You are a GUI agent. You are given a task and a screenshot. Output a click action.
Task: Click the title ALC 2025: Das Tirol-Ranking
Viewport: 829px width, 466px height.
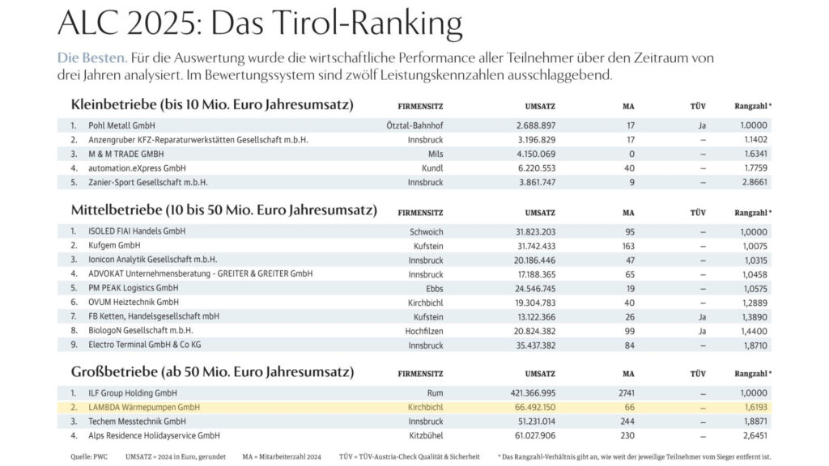pos(260,24)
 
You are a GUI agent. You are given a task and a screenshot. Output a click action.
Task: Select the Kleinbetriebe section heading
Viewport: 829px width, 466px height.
pos(212,105)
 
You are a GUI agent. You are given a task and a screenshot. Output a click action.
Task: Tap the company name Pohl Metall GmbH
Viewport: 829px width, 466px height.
pos(122,126)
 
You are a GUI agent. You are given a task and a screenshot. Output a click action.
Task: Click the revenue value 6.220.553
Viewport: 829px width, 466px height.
pos(546,168)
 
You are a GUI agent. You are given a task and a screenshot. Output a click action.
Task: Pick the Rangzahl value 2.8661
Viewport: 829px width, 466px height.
pos(754,183)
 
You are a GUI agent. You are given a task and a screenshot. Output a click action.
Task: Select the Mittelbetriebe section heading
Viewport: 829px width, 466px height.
pos(223,210)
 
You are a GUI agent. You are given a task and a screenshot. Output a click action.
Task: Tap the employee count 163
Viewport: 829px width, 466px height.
pos(628,245)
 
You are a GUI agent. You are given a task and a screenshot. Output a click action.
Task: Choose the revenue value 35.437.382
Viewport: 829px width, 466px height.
pos(546,345)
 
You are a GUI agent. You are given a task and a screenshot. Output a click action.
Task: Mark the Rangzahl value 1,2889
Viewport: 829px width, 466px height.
pos(754,302)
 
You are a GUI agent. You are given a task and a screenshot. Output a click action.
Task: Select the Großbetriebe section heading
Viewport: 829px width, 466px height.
pos(212,372)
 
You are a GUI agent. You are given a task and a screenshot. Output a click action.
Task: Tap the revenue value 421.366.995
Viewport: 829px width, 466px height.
pos(544,393)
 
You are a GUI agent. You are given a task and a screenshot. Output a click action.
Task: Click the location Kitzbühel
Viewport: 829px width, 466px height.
pos(426,435)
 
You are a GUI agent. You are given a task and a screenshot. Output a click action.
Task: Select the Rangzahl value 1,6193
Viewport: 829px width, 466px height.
pos(754,407)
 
